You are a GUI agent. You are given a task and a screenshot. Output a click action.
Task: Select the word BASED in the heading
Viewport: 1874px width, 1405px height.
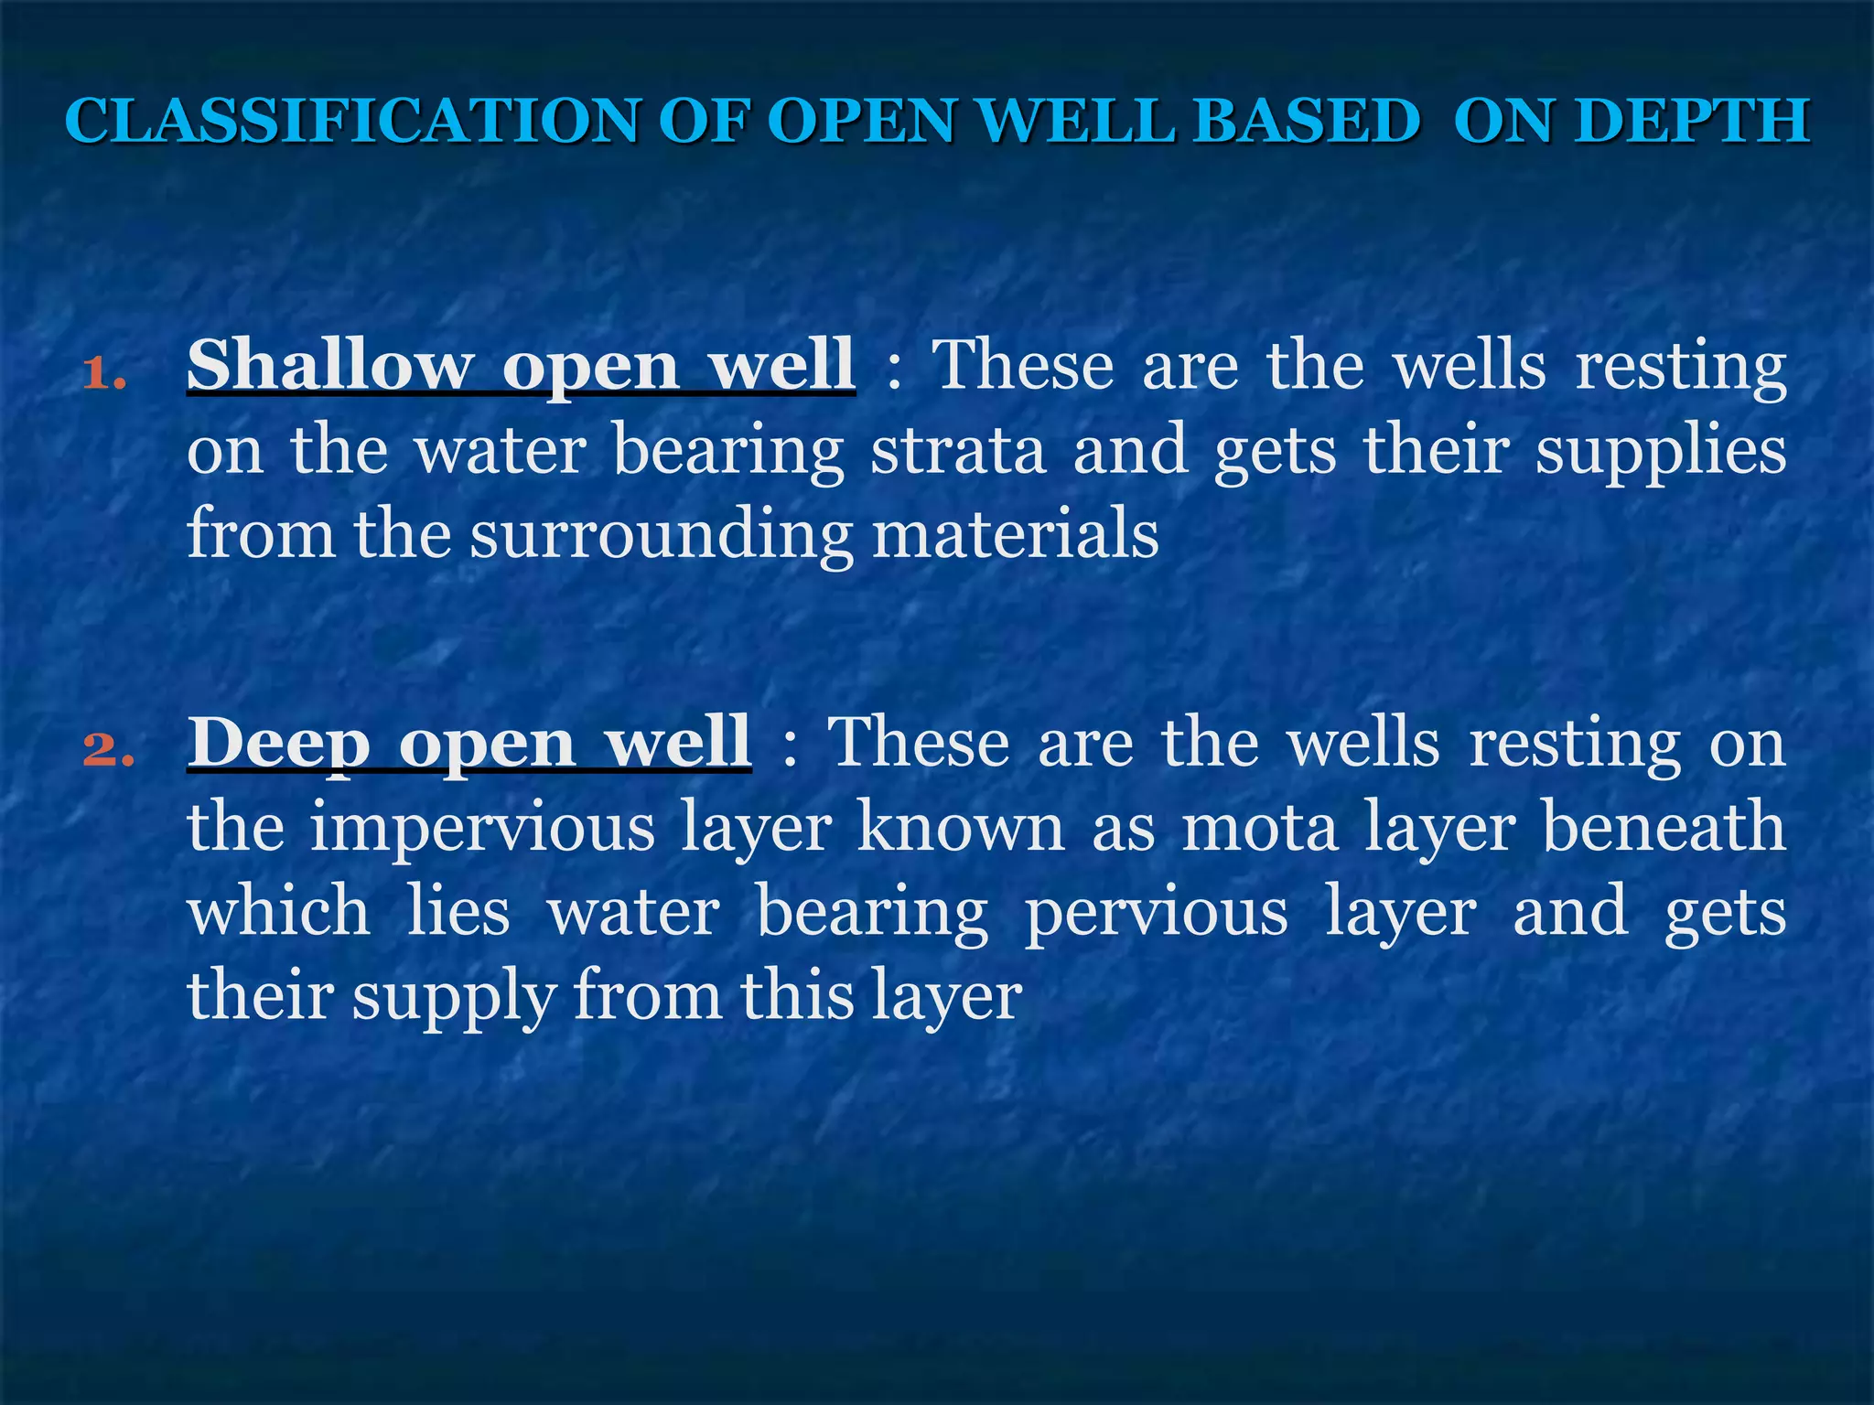point(1307,121)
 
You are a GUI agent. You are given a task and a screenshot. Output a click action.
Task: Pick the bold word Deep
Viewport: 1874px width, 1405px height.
point(279,743)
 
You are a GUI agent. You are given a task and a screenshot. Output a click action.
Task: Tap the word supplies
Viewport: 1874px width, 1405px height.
point(1660,452)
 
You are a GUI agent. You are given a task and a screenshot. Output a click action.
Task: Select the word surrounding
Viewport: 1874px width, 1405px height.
point(661,536)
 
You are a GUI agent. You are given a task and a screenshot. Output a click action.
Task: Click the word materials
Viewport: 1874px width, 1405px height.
point(1016,534)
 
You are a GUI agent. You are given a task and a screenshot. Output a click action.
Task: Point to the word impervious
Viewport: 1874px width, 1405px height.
point(481,829)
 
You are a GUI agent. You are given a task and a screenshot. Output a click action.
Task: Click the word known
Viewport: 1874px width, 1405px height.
point(961,827)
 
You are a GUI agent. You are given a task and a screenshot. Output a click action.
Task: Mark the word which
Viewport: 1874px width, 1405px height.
point(279,911)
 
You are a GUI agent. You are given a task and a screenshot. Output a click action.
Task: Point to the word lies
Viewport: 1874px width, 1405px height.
point(458,911)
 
